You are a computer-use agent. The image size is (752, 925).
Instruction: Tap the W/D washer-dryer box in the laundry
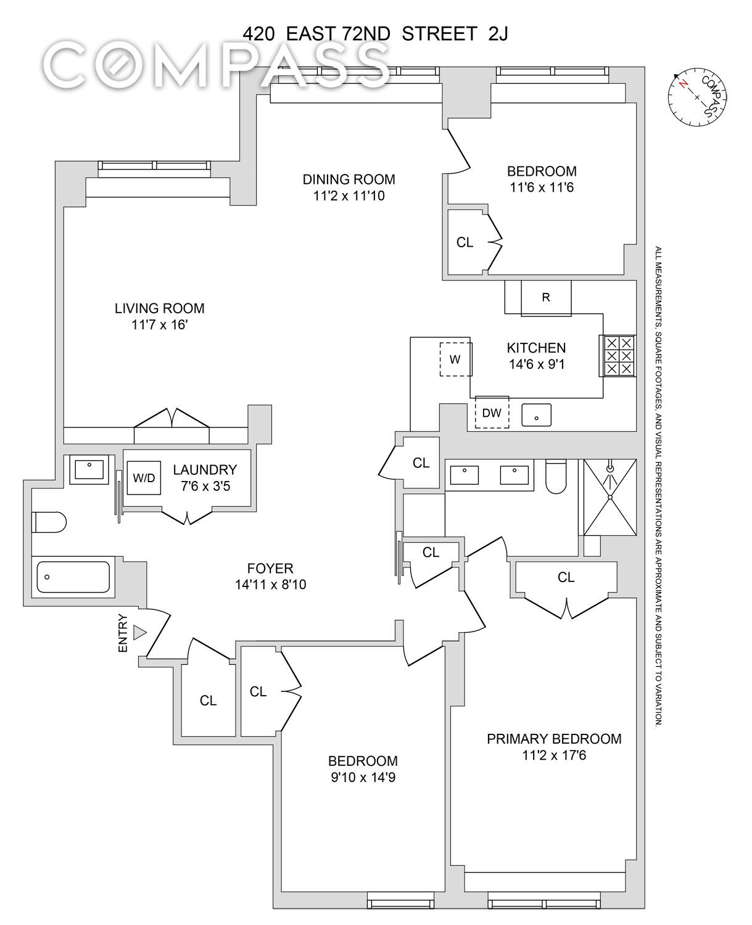[144, 478]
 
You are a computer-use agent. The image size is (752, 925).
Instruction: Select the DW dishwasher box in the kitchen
[492, 412]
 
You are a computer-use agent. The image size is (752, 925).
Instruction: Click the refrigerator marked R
[546, 297]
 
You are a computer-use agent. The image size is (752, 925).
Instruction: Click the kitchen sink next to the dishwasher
[537, 415]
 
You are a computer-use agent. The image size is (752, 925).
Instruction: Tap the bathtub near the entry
[73, 577]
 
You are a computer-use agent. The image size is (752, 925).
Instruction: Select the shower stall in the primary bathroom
[610, 497]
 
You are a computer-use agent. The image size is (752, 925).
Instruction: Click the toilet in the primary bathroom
[556, 477]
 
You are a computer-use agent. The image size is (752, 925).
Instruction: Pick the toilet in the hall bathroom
[49, 522]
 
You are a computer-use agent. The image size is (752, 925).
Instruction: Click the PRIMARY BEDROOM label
[554, 739]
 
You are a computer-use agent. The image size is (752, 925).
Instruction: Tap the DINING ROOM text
[349, 179]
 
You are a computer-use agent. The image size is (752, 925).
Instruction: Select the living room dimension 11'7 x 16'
[159, 324]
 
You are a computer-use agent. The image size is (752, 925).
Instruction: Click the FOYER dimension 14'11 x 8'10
[271, 585]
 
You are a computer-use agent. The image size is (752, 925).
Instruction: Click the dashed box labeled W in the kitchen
[456, 359]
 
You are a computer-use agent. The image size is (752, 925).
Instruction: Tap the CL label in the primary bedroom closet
[566, 577]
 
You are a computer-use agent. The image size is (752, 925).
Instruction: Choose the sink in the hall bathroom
[89, 469]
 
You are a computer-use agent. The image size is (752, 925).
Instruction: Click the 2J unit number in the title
[498, 35]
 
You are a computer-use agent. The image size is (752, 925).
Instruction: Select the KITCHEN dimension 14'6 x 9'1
[537, 364]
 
